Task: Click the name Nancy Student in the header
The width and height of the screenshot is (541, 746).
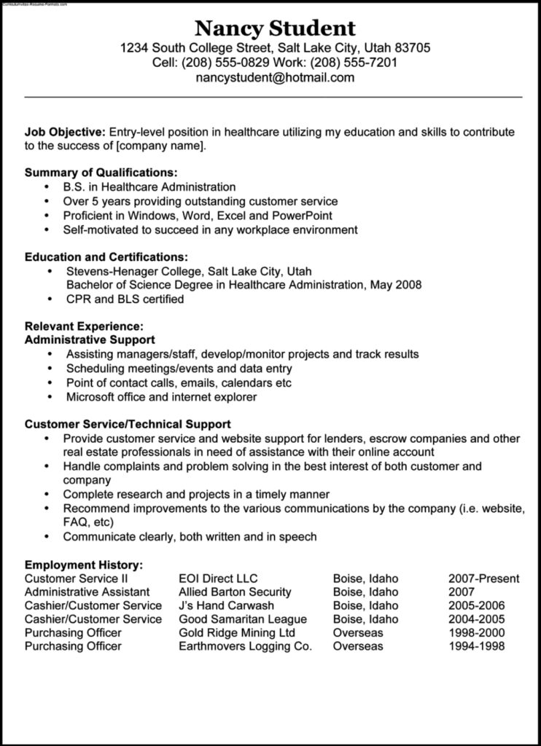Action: point(275,28)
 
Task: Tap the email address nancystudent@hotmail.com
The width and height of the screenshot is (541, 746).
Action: point(275,78)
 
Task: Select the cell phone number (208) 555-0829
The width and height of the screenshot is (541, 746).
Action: point(215,63)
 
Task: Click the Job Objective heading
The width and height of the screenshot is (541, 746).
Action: point(65,132)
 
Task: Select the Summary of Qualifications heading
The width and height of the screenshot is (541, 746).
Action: point(101,173)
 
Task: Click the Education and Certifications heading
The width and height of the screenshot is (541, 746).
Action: point(106,256)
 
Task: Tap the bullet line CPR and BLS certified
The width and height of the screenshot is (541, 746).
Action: point(125,299)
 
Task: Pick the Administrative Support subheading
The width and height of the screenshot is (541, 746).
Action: point(90,339)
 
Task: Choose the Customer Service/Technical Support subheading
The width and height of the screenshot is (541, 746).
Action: point(128,423)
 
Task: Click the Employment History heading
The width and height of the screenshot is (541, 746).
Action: point(84,565)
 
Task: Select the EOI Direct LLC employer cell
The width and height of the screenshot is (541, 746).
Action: point(218,578)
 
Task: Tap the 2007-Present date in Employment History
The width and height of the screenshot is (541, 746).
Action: point(483,578)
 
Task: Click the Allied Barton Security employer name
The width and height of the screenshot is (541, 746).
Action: point(235,592)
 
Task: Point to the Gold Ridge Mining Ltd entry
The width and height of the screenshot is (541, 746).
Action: point(237,632)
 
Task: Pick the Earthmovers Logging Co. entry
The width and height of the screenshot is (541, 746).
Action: point(245,646)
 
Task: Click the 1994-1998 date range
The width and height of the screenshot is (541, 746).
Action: point(478,646)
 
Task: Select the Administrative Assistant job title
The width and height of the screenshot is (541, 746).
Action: point(87,592)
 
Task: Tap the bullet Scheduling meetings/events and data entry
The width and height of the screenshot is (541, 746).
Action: point(179,369)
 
